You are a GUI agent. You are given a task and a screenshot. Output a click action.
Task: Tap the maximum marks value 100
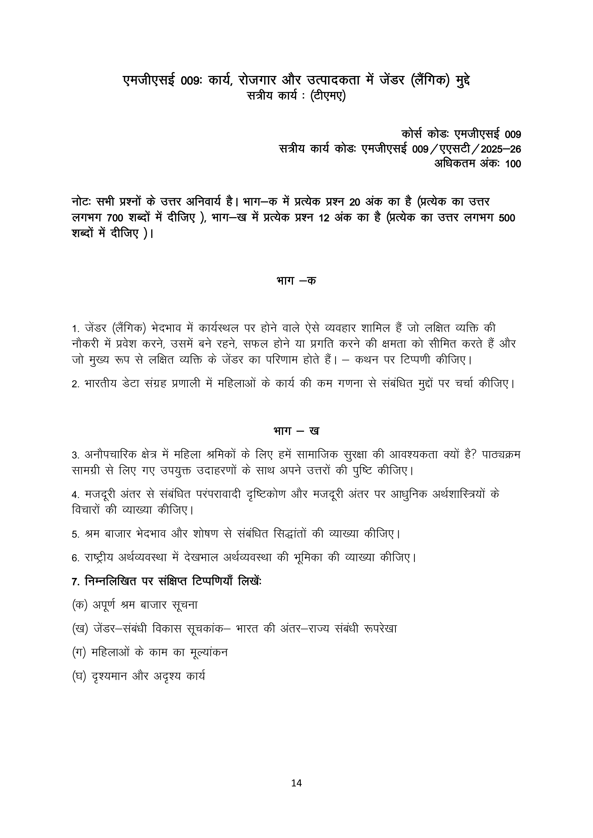pyautogui.click(x=513, y=164)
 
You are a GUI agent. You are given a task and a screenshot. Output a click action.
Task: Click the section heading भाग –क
pyautogui.click(x=296, y=281)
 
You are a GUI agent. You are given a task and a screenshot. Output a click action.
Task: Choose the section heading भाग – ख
pyautogui.click(x=296, y=431)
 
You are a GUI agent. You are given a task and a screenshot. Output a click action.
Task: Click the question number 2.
pyautogui.click(x=75, y=385)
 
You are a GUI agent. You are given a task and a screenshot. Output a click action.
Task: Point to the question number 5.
pyautogui.click(x=75, y=535)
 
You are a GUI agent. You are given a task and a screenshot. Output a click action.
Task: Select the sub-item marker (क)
pyautogui.click(x=80, y=605)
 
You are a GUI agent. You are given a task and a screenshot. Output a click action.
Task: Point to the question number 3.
pyautogui.click(x=75, y=455)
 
